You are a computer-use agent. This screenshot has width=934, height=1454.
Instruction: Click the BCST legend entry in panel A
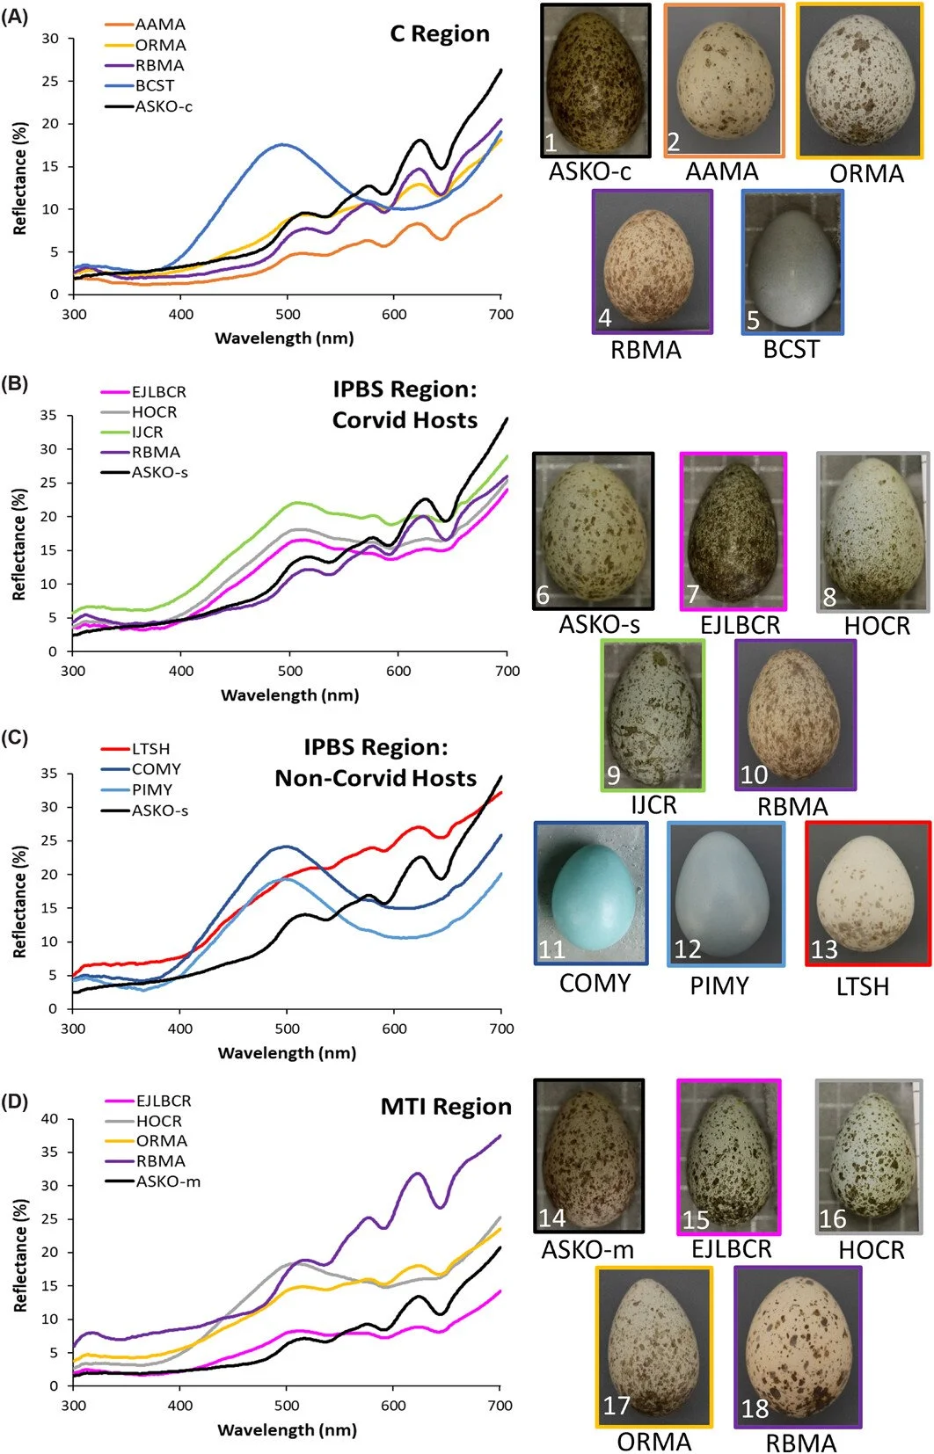(154, 86)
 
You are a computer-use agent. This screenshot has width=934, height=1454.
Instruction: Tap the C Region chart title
(439, 34)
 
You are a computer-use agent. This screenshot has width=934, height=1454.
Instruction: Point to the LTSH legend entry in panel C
(150, 749)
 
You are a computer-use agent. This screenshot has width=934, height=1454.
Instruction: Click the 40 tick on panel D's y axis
(52, 1119)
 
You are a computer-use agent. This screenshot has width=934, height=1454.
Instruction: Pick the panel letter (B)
(15, 383)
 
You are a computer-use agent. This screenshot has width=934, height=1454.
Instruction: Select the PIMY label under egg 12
(719, 985)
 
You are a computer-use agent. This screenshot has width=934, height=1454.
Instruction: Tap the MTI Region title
(445, 1107)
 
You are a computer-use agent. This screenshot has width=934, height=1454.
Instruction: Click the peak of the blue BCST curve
(282, 144)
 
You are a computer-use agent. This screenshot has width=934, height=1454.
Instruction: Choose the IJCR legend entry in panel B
(147, 433)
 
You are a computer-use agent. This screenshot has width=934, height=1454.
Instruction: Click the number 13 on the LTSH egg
(824, 950)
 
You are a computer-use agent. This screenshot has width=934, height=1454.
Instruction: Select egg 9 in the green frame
(653, 715)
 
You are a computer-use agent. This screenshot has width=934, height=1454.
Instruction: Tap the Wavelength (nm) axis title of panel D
(287, 1430)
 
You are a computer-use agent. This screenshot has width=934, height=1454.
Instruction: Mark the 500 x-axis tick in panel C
(287, 1029)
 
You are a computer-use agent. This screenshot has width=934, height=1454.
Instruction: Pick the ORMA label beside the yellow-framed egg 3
(866, 174)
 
